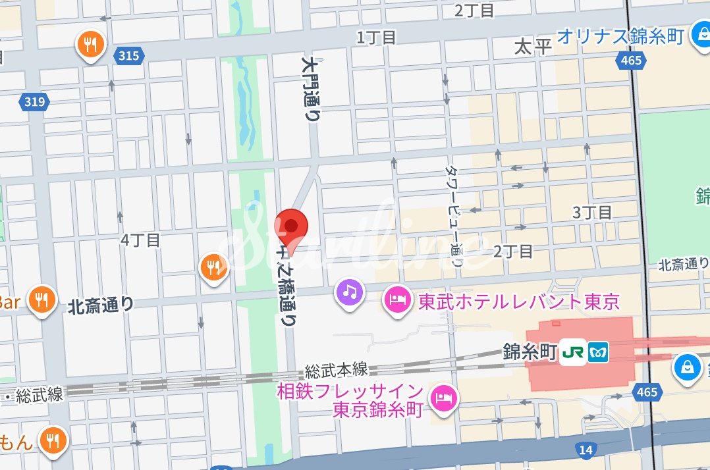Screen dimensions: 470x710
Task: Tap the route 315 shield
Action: tap(129, 55)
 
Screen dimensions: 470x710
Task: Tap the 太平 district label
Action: tap(532, 47)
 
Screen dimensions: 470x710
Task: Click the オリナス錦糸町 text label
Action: tap(620, 36)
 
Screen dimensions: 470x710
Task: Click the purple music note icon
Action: tap(350, 290)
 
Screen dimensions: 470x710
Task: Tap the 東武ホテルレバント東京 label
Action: tap(519, 302)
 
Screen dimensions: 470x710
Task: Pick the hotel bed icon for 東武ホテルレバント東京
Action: tap(397, 300)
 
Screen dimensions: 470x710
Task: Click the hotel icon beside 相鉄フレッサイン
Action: tap(443, 397)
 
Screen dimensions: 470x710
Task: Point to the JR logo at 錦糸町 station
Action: tap(572, 353)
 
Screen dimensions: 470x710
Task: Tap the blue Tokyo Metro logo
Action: tap(599, 353)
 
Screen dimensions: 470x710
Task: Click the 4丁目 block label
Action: tap(140, 240)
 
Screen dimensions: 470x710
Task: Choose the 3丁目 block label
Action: tap(592, 212)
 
